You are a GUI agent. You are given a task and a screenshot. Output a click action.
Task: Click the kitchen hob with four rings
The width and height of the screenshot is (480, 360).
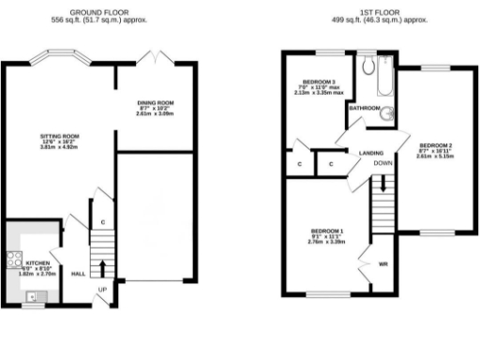pyautogui.click(x=13, y=262)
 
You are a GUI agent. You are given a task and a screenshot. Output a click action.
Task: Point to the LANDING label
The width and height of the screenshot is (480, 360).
pyautogui.click(x=358, y=153)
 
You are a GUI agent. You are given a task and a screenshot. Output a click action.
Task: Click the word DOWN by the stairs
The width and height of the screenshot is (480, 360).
pyautogui.click(x=382, y=163)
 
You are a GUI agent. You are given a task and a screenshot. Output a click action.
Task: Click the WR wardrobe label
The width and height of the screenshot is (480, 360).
pyautogui.click(x=382, y=263)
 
